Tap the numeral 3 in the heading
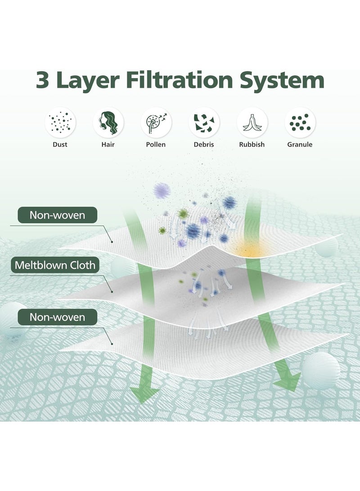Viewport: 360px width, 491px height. pyautogui.click(x=43, y=81)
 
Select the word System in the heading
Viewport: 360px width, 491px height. pyautogui.click(x=282, y=81)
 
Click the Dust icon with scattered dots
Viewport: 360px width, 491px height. pyautogui.click(x=60, y=122)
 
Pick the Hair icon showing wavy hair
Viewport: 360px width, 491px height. pyautogui.click(x=108, y=122)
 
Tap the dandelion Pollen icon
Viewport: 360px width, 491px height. pyautogui.click(x=156, y=122)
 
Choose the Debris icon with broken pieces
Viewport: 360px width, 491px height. pyautogui.click(x=204, y=122)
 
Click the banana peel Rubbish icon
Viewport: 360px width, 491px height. pyautogui.click(x=252, y=122)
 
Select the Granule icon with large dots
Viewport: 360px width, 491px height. pyautogui.click(x=300, y=122)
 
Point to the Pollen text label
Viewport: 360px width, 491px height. pyautogui.click(x=156, y=144)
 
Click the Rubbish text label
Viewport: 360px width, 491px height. pyautogui.click(x=252, y=144)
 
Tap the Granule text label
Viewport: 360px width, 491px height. pyautogui.click(x=300, y=144)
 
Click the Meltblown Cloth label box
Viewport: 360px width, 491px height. pyautogui.click(x=55, y=265)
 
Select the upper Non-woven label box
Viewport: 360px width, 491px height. pyautogui.click(x=57, y=215)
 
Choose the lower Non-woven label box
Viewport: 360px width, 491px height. pyautogui.click(x=57, y=317)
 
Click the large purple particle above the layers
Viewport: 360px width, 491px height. pyautogui.click(x=162, y=190)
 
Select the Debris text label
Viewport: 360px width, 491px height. pyautogui.click(x=204, y=144)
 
